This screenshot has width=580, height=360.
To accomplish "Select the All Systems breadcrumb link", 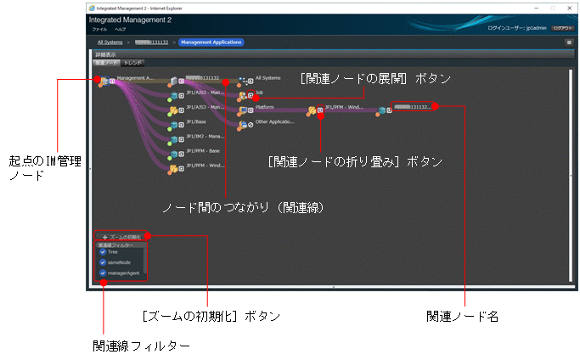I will [x=110, y=42].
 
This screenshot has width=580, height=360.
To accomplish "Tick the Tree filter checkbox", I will [x=103, y=251].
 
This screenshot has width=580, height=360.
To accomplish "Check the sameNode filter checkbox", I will [x=103, y=262].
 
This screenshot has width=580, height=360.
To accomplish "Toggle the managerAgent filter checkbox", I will [x=103, y=273].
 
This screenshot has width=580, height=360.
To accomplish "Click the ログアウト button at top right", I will [x=563, y=28].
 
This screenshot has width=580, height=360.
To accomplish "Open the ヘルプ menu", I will [x=121, y=29].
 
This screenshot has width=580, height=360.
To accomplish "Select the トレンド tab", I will [x=133, y=62].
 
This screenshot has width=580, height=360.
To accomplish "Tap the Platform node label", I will [x=264, y=107].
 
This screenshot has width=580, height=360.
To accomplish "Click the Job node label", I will [x=260, y=92].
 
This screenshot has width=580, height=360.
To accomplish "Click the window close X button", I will [x=566, y=8].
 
